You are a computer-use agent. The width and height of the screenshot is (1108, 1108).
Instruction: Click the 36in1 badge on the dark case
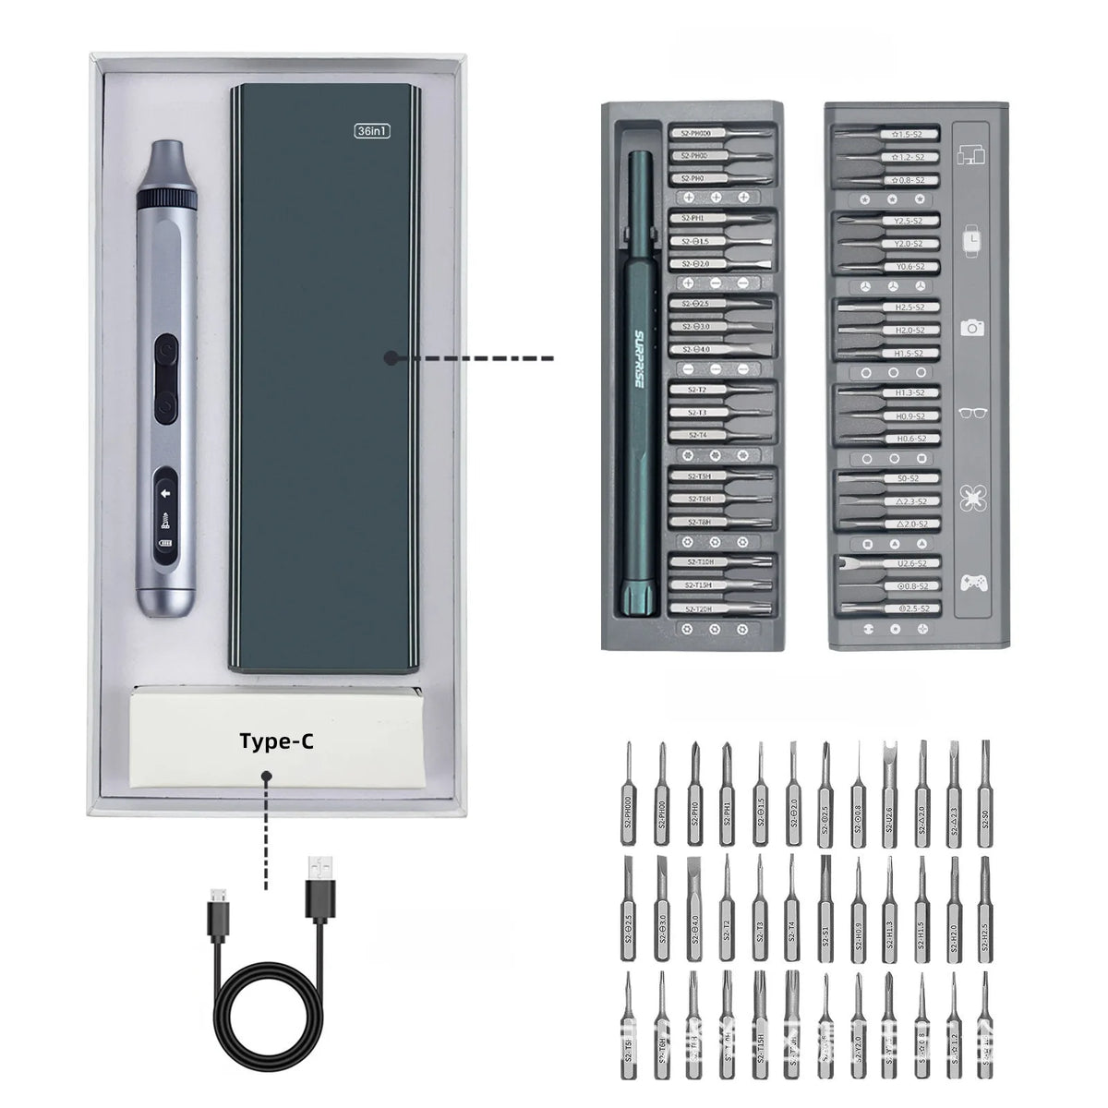[x=373, y=130]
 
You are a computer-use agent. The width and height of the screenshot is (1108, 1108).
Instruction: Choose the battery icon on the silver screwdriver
[x=166, y=543]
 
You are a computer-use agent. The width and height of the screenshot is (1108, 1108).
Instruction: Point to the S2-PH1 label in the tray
[x=692, y=219]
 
